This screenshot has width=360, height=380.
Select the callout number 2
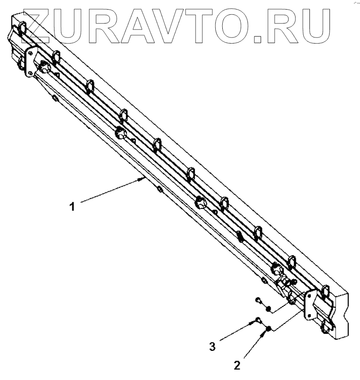[237, 365]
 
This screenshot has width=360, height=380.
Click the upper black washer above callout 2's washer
[269, 309]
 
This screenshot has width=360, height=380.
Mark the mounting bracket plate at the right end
[311, 305]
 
